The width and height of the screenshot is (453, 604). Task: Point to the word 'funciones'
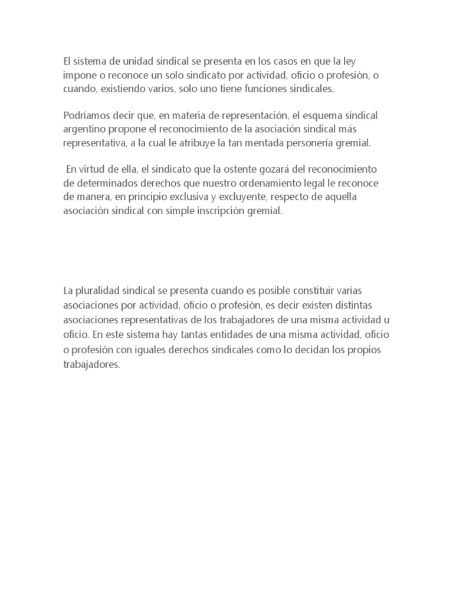(276, 90)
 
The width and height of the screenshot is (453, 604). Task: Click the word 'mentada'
(259, 143)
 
